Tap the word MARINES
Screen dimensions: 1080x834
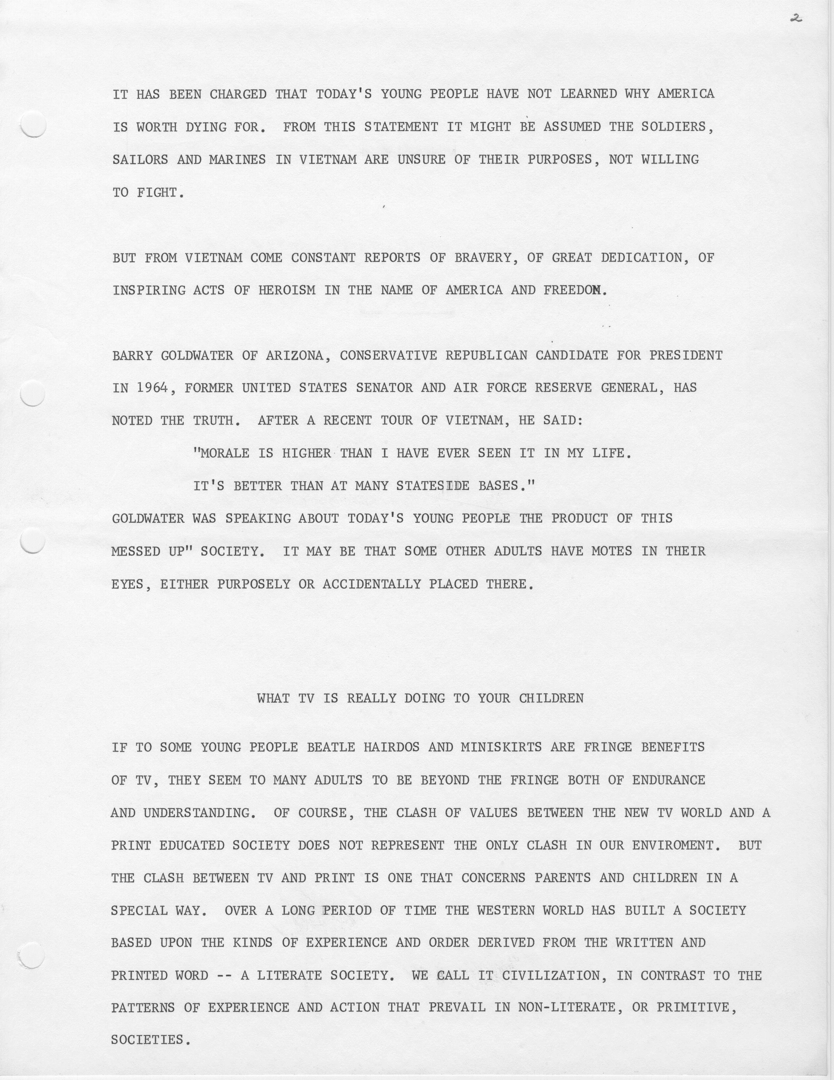click(237, 160)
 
